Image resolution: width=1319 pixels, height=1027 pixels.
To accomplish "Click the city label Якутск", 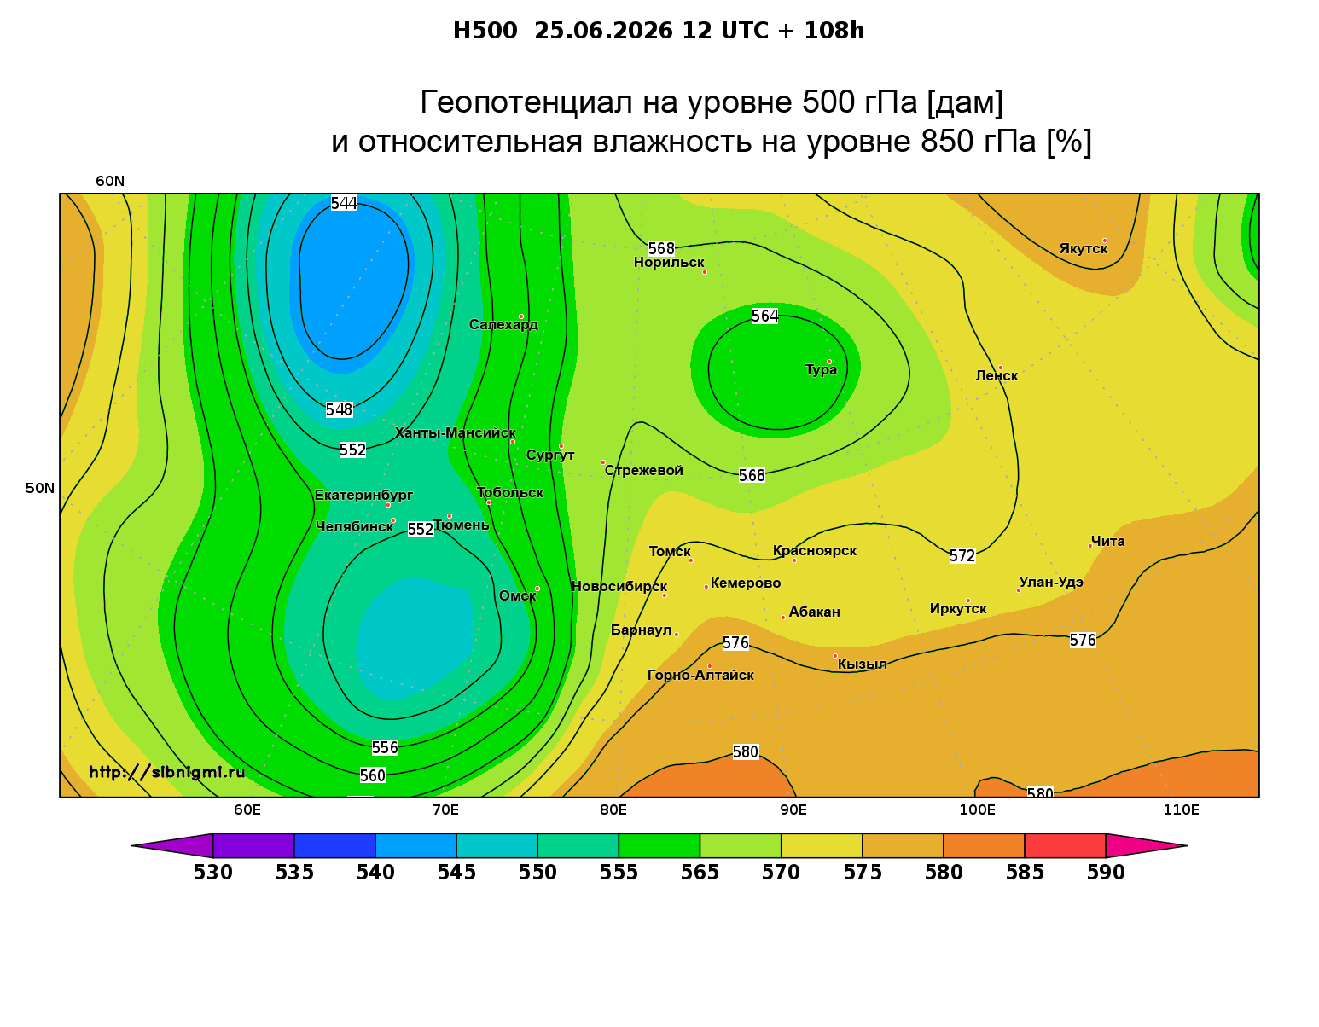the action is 1083,249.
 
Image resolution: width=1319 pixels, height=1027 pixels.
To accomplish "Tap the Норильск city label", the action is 669,263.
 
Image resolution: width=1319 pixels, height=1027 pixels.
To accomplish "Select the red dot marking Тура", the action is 829,363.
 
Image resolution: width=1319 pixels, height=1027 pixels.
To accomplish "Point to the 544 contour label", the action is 344,203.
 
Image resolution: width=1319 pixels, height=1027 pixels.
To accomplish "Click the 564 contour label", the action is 764,316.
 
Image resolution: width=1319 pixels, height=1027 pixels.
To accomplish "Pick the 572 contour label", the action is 962,555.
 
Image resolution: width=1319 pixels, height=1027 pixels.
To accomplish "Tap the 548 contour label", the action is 339,410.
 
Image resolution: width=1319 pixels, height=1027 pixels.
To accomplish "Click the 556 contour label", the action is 385,747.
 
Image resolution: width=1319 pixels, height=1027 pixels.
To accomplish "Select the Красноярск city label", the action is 814,551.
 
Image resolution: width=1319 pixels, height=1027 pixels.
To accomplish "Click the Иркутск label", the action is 958,608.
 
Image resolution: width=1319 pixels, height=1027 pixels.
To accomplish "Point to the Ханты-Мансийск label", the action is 456,433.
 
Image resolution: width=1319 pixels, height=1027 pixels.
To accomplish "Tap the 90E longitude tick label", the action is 793,810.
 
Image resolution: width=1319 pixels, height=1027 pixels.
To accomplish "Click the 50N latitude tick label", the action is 40,488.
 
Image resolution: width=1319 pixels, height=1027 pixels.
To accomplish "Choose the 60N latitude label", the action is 110,182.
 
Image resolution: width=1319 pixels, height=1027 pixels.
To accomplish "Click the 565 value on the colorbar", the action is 700,873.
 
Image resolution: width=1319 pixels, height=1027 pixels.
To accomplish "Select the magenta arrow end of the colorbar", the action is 1146,845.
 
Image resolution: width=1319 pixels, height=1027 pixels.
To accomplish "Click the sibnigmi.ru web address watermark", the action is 167,772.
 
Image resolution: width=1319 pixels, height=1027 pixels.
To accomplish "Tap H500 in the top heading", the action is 485,31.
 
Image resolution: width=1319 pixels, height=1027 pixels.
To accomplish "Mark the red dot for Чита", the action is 1090,546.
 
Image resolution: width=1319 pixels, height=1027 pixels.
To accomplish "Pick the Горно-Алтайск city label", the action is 700,676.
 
